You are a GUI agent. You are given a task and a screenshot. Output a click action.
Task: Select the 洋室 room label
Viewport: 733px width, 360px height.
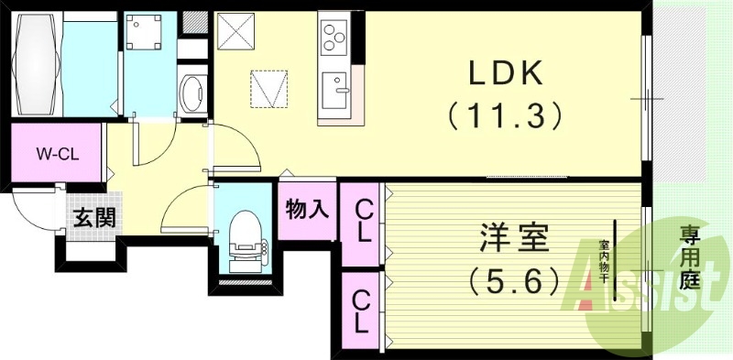(513, 238)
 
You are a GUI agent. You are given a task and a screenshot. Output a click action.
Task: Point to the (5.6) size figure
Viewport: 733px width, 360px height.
(513, 280)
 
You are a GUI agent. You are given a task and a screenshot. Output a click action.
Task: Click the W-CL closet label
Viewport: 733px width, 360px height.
(57, 154)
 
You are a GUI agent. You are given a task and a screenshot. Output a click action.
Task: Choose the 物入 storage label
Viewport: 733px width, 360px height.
(307, 210)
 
